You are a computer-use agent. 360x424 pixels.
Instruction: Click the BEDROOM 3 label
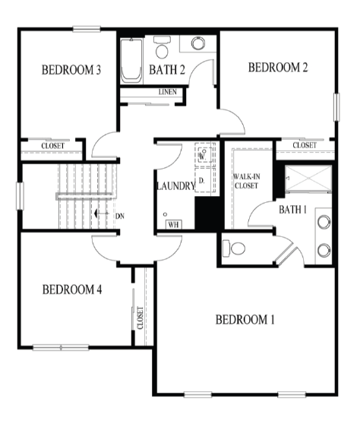pos(71,70)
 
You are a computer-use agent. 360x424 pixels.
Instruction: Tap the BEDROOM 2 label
pos(278,68)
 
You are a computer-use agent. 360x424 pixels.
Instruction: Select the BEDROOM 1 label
pos(245,320)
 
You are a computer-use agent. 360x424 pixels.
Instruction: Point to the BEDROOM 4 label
pos(72,290)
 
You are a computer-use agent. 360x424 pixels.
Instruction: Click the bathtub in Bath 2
pos(131,61)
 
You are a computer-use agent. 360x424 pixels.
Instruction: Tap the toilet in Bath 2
pos(162,47)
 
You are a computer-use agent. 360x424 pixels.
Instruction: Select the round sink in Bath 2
pos(198,43)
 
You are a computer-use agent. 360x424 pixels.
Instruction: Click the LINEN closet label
pos(168,92)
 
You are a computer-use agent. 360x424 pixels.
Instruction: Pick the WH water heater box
pos(173,224)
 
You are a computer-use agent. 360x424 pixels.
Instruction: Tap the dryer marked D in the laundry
pos(204,180)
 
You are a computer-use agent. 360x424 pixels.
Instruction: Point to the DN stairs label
pos(120,217)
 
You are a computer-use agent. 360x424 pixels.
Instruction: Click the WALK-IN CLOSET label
pos(247,181)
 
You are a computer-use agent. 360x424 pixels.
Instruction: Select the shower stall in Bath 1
pos(308,179)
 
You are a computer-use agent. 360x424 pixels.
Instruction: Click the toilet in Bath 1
pos(234,248)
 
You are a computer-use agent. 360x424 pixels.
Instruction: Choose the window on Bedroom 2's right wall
pos(336,107)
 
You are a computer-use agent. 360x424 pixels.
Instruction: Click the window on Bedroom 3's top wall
pos(87,29)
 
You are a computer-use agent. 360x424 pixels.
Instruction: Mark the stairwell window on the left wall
pos(20,196)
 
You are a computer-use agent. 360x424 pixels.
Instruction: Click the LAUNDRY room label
pos(175,186)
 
